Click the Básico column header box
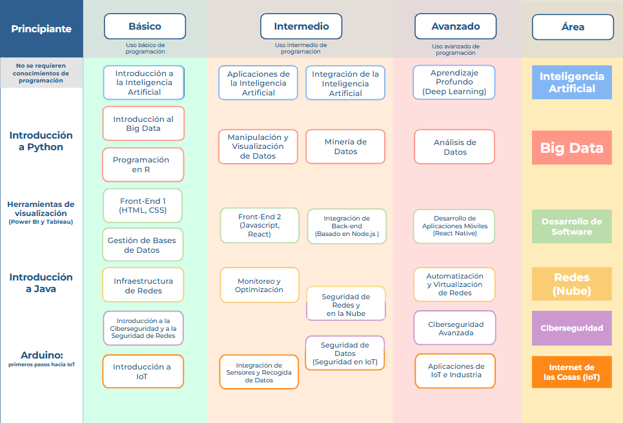(145, 26)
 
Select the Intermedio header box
(301, 26)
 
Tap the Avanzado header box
(456, 26)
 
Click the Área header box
(573, 27)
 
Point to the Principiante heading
(41, 28)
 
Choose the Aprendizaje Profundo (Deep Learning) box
(454, 83)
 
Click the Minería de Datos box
(345, 146)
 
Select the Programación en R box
(143, 164)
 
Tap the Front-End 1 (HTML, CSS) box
(143, 206)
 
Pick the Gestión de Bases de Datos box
(143, 245)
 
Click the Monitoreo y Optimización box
(260, 285)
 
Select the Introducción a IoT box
(143, 371)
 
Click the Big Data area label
(571, 148)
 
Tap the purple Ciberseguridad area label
(571, 328)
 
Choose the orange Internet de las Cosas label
(571, 372)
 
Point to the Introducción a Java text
(41, 282)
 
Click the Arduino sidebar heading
(41, 355)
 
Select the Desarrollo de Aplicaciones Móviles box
(454, 226)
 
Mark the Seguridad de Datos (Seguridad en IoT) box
(345, 353)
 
